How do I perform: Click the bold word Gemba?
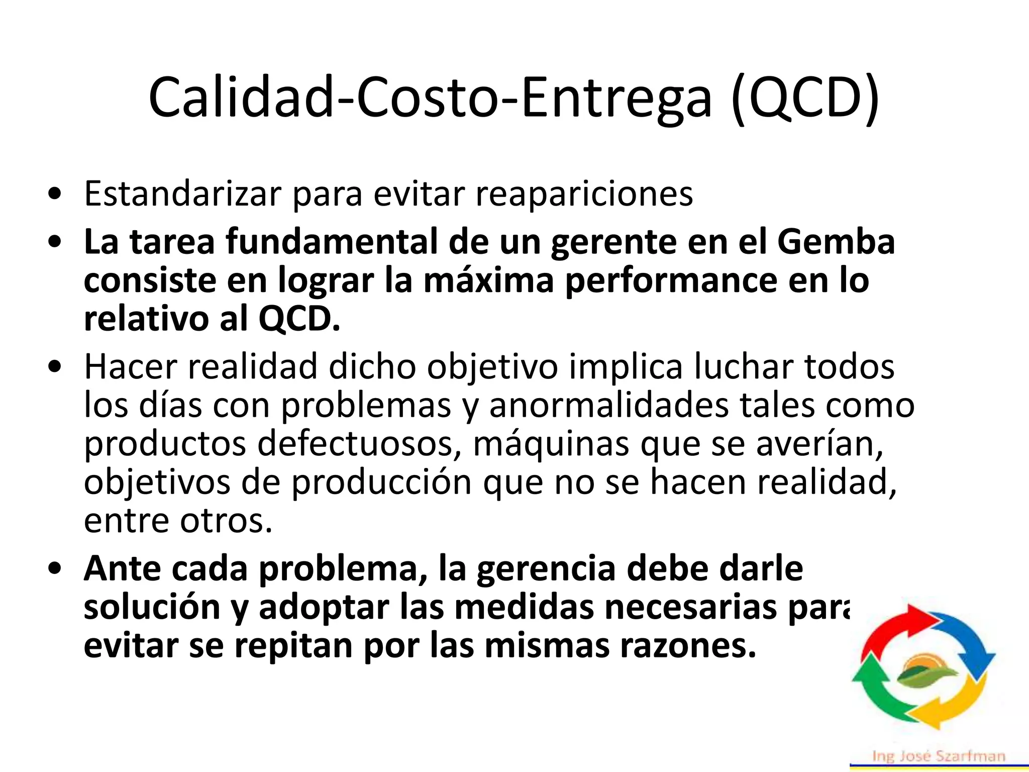836,242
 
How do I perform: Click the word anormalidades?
608,405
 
